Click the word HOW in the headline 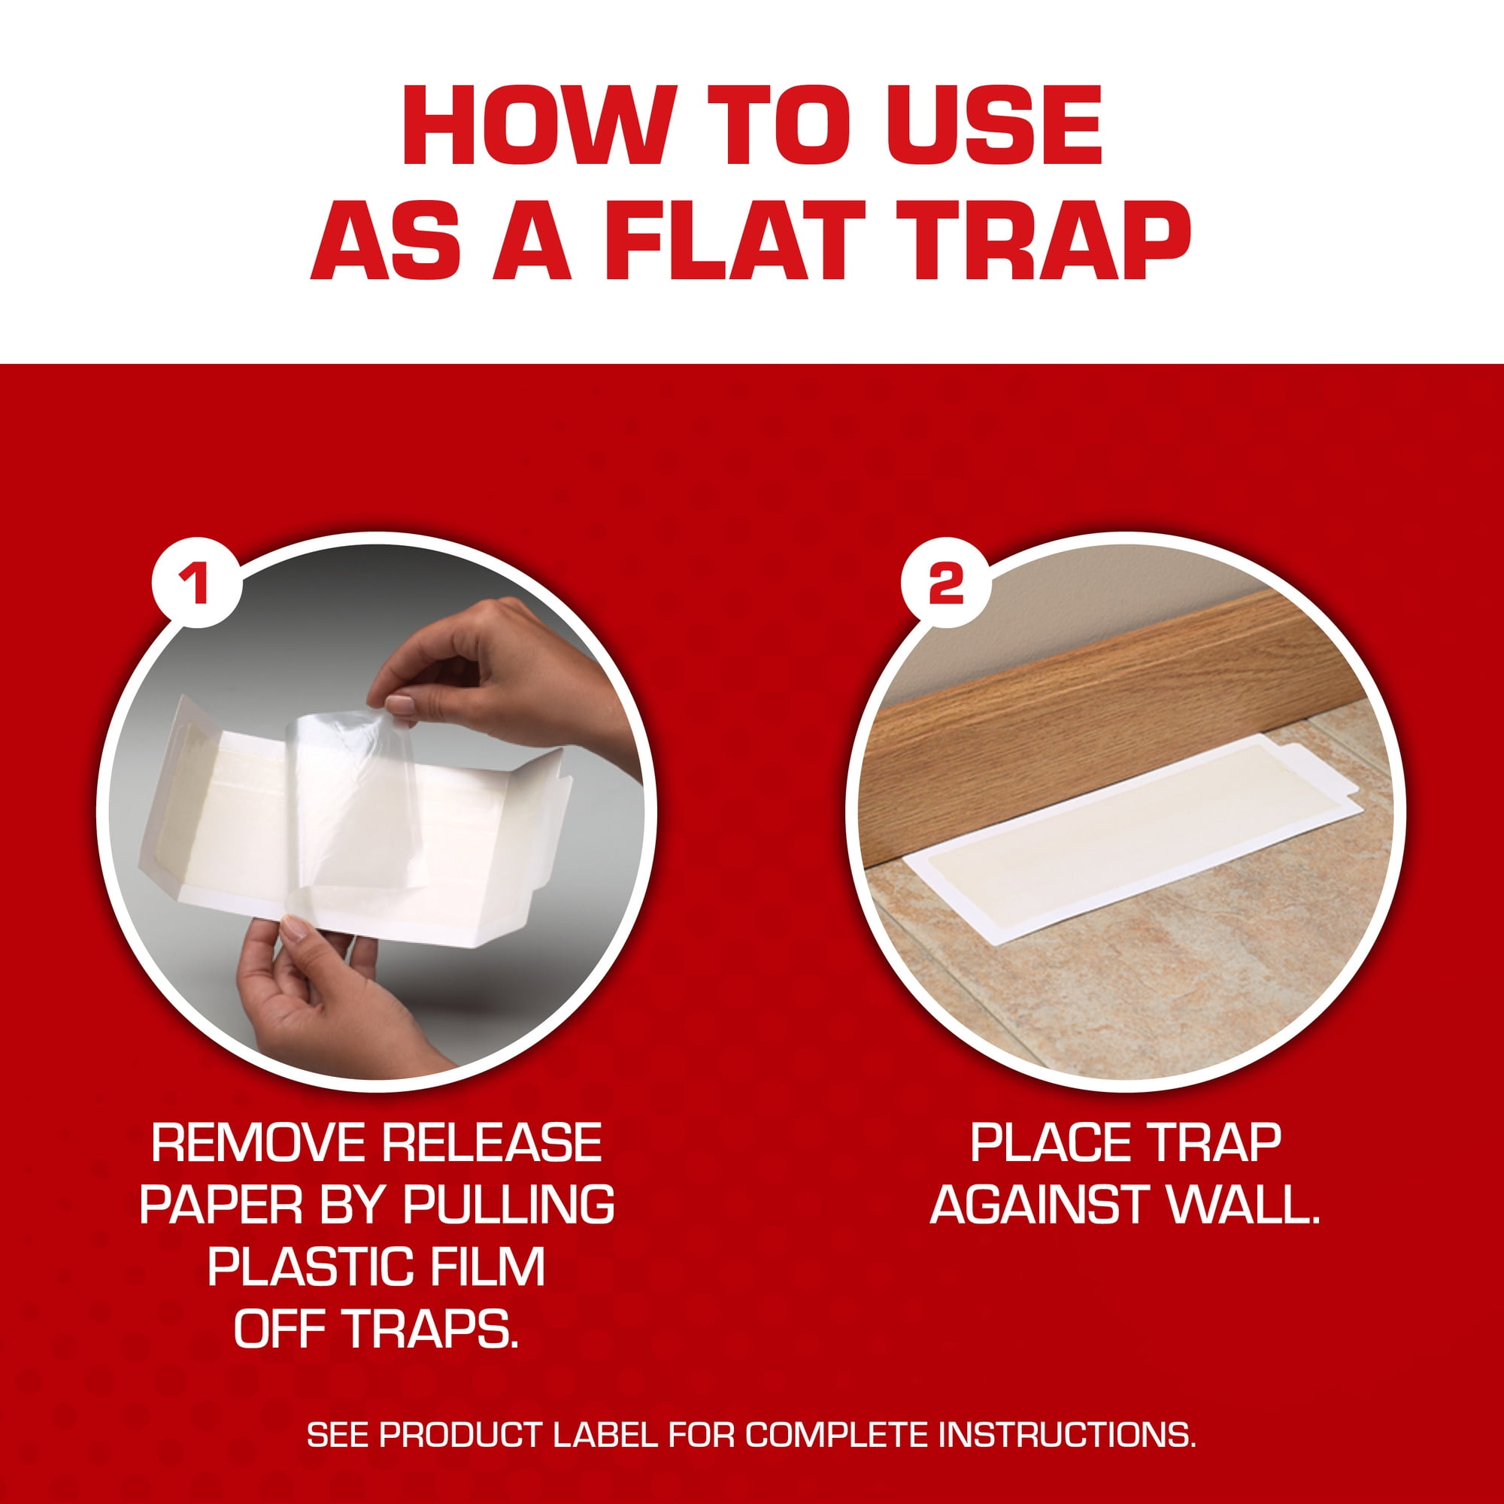coord(527,125)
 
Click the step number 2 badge coord(947,584)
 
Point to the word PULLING coord(508,1204)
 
